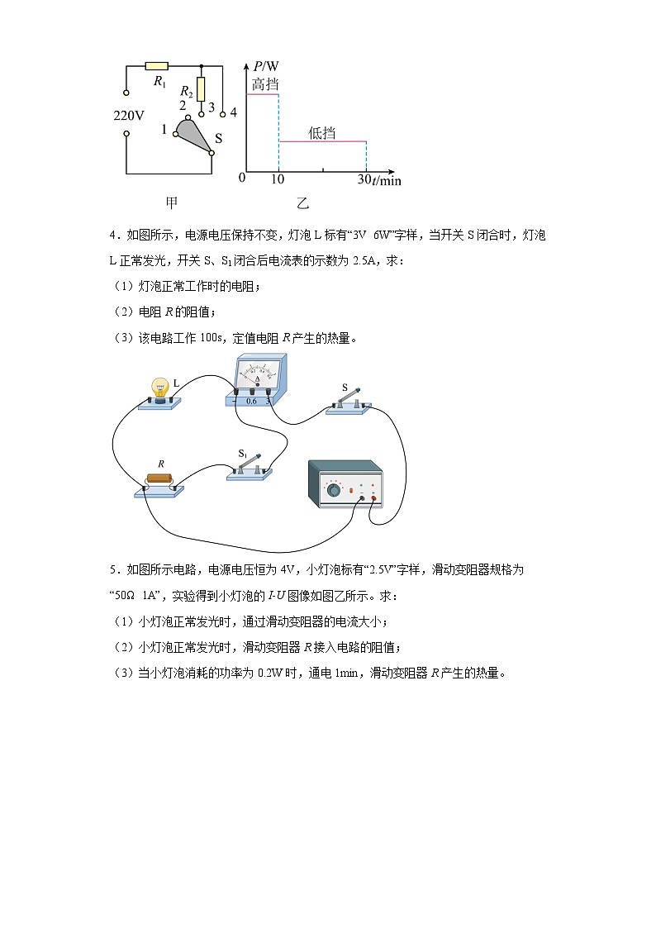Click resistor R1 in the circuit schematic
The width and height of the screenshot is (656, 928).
156,65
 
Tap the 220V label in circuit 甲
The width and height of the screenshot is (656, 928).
129,115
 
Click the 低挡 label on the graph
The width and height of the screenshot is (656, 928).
321,131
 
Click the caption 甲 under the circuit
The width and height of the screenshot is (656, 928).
172,202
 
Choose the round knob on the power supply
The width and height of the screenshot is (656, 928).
333,490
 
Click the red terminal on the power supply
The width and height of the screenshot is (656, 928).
374,499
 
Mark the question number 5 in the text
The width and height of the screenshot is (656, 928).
113,569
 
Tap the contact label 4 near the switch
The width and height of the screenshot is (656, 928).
233,112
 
